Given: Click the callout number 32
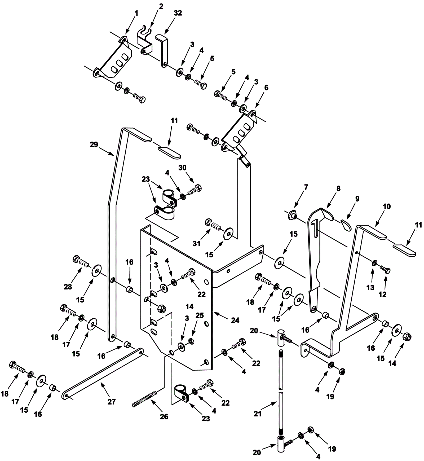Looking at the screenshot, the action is point(178,13).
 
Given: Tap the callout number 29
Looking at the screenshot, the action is point(94,145).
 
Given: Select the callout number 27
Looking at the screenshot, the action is point(112,402).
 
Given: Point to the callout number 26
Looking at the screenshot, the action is point(164,417).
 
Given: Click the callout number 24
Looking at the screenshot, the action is point(235,320).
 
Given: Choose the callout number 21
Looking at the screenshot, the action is point(258,414).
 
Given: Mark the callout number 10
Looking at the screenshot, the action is point(387,206).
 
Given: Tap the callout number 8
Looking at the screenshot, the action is point(338,188).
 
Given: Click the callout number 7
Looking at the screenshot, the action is point(306,187).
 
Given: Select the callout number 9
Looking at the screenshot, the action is point(357,199).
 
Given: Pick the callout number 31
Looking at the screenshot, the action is point(196,243).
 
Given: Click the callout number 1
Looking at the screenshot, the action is point(136,13).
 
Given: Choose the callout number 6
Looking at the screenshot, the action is point(266,87).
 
